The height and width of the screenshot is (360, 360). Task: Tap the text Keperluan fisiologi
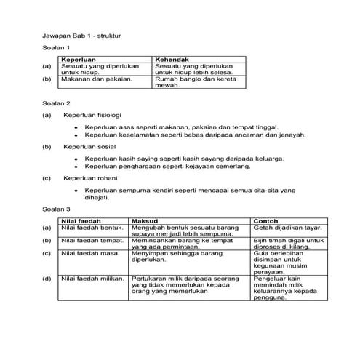(92, 115)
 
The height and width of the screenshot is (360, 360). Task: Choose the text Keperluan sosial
(87, 146)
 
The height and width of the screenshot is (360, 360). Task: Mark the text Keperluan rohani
(88, 177)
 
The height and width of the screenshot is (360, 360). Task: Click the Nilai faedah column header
(80, 220)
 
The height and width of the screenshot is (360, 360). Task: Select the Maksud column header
(144, 220)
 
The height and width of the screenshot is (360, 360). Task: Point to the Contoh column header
(265, 220)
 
